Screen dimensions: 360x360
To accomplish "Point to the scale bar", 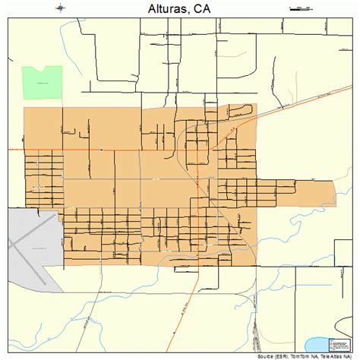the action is coord(299,8).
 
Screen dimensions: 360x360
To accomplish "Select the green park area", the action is coord(42,82).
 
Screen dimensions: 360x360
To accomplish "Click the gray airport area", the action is coord(30,239).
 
